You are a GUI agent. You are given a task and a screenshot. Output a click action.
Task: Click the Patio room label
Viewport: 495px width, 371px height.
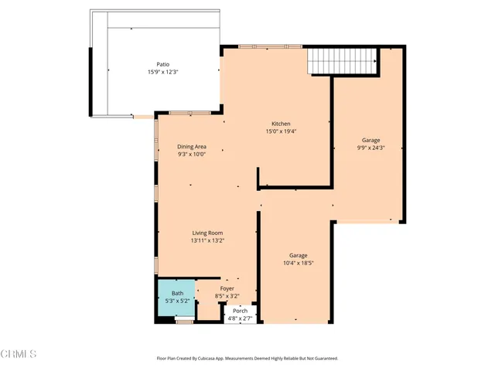point(162,64)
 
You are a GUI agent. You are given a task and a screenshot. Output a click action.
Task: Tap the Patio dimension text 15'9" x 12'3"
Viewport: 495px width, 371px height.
point(162,72)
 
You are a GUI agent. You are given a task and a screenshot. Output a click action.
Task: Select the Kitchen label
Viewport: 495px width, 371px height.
point(280,124)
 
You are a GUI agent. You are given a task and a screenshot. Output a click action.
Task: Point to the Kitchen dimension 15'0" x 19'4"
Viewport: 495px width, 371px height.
point(280,131)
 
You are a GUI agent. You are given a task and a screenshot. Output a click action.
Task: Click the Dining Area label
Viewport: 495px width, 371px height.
point(191,146)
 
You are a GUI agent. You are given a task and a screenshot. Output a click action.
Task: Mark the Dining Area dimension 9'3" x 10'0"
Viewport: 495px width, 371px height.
point(191,154)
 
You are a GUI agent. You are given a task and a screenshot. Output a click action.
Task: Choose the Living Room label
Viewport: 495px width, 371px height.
point(208,233)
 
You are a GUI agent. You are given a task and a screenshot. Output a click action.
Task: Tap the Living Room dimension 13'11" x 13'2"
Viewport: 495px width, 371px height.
point(208,240)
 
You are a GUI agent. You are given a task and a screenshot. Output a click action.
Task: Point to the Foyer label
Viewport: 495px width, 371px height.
point(227,288)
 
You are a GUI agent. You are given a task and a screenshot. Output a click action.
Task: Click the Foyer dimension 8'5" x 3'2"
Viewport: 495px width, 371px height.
point(227,296)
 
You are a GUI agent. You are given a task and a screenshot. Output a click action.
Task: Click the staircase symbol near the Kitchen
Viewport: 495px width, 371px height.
point(343,60)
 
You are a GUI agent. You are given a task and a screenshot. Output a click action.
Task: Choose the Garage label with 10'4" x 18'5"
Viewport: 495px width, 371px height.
point(299,255)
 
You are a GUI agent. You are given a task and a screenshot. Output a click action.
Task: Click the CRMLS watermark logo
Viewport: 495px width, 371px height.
point(19,354)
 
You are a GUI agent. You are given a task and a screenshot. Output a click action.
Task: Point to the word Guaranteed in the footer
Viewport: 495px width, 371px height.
point(323,359)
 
